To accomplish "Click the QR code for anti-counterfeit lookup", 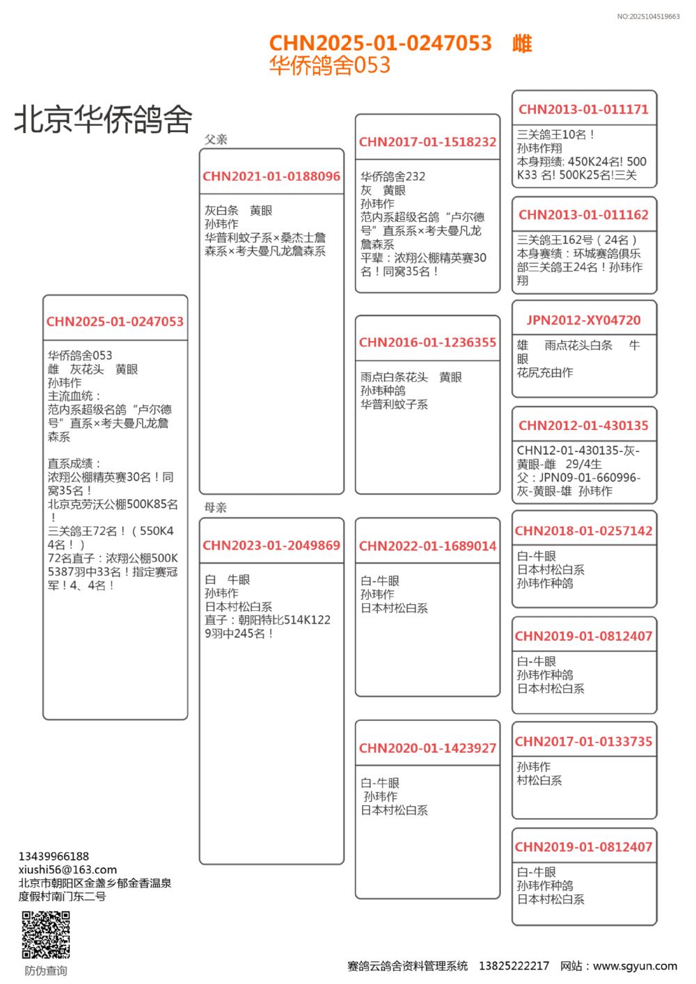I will tap(46, 935).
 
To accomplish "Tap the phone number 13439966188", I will tap(54, 856).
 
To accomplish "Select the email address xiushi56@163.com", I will tap(68, 869).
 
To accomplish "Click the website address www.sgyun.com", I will tap(635, 966).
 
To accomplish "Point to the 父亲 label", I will tap(216, 139).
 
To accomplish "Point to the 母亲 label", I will tap(216, 507).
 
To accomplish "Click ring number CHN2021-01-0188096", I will tap(271, 177).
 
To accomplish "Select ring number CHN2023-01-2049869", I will tap(271, 546).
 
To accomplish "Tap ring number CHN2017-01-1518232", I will tap(427, 142).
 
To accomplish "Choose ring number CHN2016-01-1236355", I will tap(427, 342).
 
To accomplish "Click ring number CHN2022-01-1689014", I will tap(427, 546).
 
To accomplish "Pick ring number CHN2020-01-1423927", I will tap(427, 749).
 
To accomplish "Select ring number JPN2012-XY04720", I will tap(583, 320).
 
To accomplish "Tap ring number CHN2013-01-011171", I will tap(583, 109).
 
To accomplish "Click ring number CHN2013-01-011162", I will tap(583, 215).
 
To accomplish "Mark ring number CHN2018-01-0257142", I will tap(583, 531).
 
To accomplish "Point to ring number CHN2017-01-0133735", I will tap(583, 742).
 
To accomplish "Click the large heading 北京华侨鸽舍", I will tap(103, 119).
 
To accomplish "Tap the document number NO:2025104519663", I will tap(648, 17).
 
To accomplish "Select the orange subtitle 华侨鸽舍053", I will tap(330, 65).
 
